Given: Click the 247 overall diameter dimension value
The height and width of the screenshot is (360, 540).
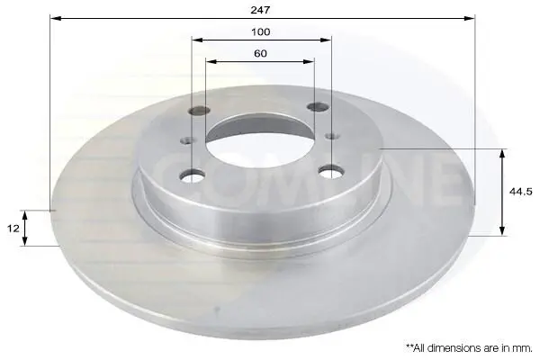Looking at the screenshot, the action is tap(260, 10).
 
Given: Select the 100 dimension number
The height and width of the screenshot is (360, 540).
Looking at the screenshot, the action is tap(261, 32).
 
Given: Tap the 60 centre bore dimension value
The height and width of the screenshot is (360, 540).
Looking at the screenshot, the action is tap(260, 54).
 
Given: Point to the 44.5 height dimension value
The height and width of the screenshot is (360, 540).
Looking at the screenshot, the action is tap(521, 192).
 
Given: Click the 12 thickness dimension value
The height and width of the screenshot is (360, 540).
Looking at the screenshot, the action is tap(13, 229).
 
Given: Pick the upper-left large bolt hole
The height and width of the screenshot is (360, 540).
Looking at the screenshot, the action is tap(200, 110).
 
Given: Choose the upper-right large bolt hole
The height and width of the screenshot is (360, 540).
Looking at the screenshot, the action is tap(317, 107).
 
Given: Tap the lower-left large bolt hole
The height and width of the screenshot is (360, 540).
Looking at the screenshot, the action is tap(192, 175).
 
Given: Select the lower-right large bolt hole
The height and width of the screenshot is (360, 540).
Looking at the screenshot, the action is tap(331, 171).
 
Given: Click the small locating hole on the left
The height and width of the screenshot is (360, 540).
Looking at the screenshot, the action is tap(187, 140).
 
